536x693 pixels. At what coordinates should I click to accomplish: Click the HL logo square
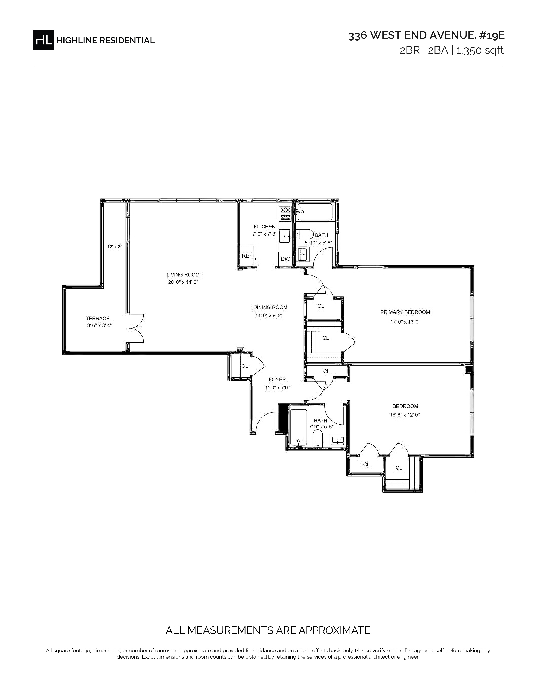click(44, 40)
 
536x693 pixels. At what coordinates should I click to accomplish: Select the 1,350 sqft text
click(480, 50)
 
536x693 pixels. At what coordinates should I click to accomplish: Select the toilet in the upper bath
click(305, 234)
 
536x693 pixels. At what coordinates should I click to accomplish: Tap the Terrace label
click(98, 319)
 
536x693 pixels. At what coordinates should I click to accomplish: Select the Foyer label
click(277, 379)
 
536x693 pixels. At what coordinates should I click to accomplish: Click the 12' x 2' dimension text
click(115, 247)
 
